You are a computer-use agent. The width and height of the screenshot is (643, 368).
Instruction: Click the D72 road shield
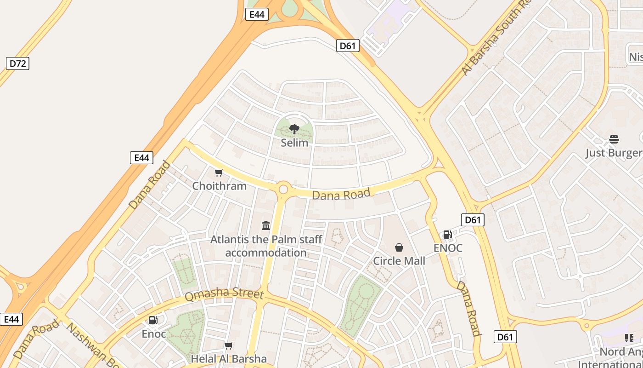(x=17, y=63)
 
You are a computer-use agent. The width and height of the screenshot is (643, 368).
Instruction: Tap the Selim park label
(x=294, y=143)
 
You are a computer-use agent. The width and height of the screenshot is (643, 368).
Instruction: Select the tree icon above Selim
(x=294, y=129)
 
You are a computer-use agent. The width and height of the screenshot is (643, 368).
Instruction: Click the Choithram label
(x=219, y=186)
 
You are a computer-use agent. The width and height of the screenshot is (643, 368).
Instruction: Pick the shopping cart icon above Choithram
(x=219, y=173)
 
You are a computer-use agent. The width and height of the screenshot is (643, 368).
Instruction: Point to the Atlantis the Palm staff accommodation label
(x=266, y=246)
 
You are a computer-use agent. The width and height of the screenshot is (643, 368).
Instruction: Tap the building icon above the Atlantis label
(x=266, y=225)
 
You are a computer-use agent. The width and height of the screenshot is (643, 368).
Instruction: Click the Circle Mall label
(x=399, y=261)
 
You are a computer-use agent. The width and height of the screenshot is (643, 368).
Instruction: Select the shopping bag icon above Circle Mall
(x=399, y=247)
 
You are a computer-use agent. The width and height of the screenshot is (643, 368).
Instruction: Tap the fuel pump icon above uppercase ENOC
(x=447, y=235)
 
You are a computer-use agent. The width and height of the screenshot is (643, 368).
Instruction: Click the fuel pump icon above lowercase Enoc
(x=153, y=320)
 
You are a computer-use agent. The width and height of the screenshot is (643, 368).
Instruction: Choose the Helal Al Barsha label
(x=228, y=359)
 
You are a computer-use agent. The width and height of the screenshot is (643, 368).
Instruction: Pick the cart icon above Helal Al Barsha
(x=228, y=345)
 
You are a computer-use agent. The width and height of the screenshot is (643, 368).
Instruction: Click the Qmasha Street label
(x=224, y=294)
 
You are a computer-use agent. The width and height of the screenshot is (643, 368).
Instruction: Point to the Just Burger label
(x=614, y=153)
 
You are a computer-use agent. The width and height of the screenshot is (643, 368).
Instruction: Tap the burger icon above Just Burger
(x=614, y=139)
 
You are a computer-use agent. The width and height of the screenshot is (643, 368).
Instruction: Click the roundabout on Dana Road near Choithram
(x=283, y=189)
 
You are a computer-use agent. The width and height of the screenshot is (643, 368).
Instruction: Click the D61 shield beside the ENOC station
(x=473, y=220)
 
